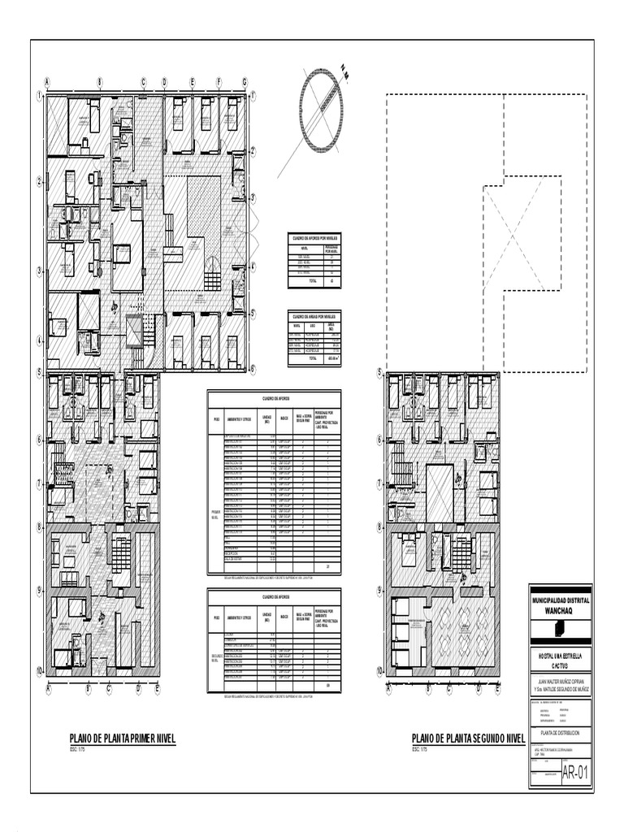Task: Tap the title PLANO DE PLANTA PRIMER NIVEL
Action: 122,738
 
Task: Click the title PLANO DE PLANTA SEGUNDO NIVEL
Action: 468,738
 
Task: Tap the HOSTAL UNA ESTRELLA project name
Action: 560,654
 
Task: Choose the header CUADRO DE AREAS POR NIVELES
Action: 314,316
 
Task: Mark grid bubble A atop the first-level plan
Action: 47,82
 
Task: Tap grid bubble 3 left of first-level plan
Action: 38,271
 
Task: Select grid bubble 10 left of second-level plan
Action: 379,671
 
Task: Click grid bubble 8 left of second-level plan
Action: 379,527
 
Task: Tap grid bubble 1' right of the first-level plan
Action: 253,96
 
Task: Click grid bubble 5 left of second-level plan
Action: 379,372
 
